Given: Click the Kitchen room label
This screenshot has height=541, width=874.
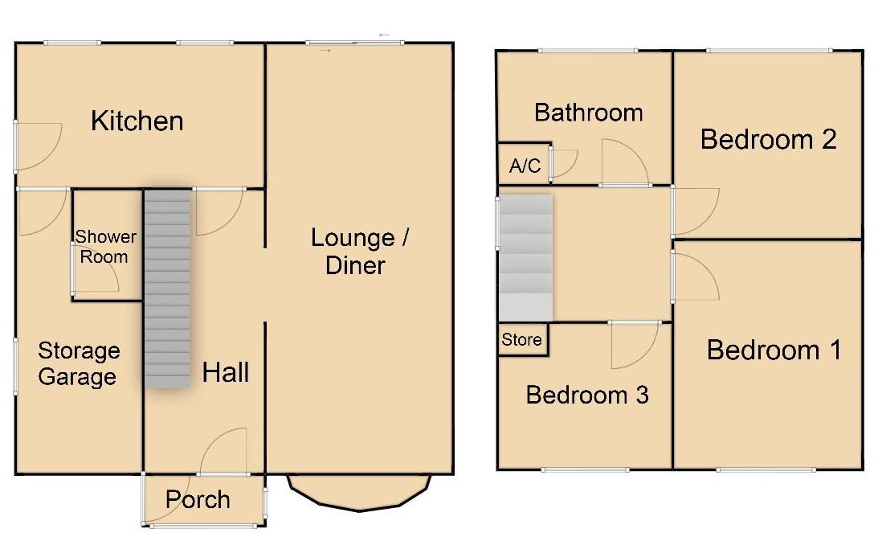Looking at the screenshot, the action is [137, 121].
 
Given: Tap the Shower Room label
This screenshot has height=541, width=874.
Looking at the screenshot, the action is [105, 247].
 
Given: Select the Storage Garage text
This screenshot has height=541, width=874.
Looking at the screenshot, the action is [78, 363].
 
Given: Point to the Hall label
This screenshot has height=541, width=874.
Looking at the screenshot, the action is [225, 372].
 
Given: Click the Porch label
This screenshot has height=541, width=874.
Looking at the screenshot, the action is [198, 500].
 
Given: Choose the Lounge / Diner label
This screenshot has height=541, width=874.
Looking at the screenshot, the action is [359, 252].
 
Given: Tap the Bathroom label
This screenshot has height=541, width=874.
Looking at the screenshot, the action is [588, 113].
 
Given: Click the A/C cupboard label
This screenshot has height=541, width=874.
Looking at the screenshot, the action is [525, 166].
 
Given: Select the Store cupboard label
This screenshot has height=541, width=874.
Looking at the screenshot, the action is [522, 340].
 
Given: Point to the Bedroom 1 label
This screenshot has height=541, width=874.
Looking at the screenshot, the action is [774, 350].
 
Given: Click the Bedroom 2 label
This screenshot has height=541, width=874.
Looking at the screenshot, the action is [768, 139].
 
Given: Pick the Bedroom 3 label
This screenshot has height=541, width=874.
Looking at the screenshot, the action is [586, 395].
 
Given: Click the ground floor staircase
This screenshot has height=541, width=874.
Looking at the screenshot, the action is [168, 289].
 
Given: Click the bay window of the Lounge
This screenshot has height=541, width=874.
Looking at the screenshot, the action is [358, 492].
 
